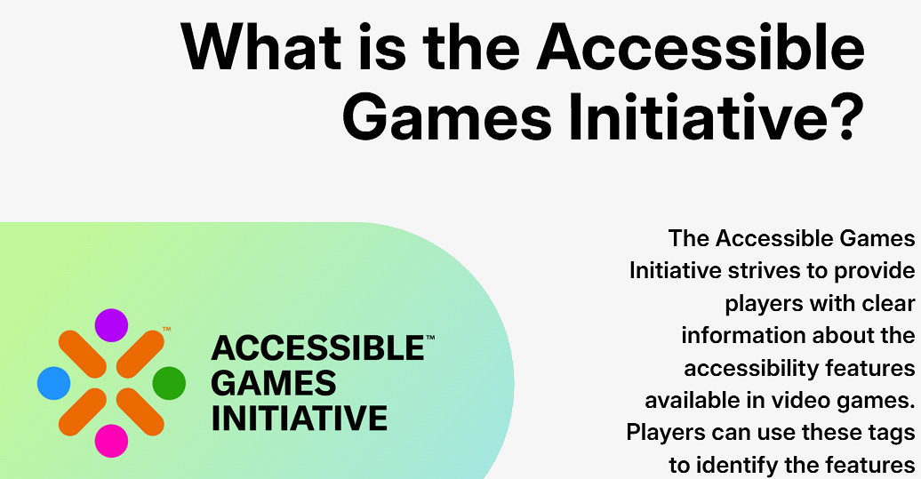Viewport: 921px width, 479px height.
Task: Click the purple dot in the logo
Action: point(111,325)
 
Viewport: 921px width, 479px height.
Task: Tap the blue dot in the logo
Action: point(53,383)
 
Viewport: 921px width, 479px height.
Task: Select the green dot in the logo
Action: point(169,383)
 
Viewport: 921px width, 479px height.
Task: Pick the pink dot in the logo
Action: point(111,441)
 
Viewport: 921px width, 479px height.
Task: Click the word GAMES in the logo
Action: point(273,383)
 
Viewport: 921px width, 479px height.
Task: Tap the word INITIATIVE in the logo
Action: point(299,418)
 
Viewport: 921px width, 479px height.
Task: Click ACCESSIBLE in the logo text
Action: point(317,348)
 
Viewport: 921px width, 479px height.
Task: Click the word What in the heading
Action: point(260,46)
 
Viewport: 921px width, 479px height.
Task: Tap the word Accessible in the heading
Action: point(701,46)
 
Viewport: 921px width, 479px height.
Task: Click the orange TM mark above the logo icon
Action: point(167,330)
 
